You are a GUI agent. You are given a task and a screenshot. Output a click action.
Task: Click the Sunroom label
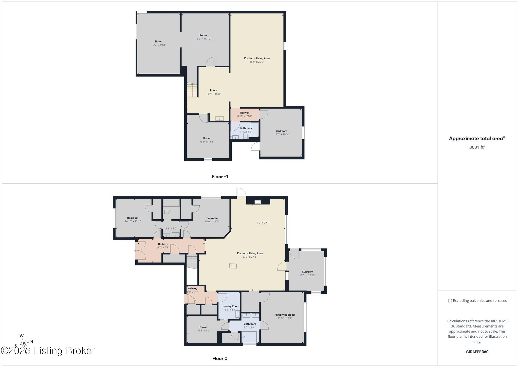tap(307, 272)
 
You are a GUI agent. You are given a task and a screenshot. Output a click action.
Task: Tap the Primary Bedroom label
tap(285, 315)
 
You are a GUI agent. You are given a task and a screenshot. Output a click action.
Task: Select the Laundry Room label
tap(230, 306)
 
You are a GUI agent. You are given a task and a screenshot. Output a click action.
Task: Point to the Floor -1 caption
tap(220, 177)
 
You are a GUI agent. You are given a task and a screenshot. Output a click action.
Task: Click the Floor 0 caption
tap(220, 358)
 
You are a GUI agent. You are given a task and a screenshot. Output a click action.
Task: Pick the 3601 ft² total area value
tap(477, 147)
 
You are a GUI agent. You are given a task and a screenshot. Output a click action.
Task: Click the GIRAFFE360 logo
tap(477, 352)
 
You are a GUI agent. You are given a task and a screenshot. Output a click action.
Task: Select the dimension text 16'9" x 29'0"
tap(257, 62)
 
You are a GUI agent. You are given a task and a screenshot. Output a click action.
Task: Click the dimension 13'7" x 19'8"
tap(159, 45)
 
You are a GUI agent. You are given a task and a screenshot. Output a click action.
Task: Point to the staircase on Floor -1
tap(192, 90)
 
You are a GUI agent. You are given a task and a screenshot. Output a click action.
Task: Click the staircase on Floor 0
tap(192, 263)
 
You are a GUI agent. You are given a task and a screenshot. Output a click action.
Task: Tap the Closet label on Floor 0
tap(203, 327)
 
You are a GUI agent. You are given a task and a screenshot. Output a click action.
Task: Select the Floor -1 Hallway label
tap(245, 113)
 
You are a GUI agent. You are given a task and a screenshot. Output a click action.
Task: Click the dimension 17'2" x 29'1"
tap(263, 223)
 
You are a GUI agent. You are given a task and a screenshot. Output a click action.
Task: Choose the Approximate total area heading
tap(477, 138)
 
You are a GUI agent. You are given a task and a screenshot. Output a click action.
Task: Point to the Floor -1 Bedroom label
tap(281, 131)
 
